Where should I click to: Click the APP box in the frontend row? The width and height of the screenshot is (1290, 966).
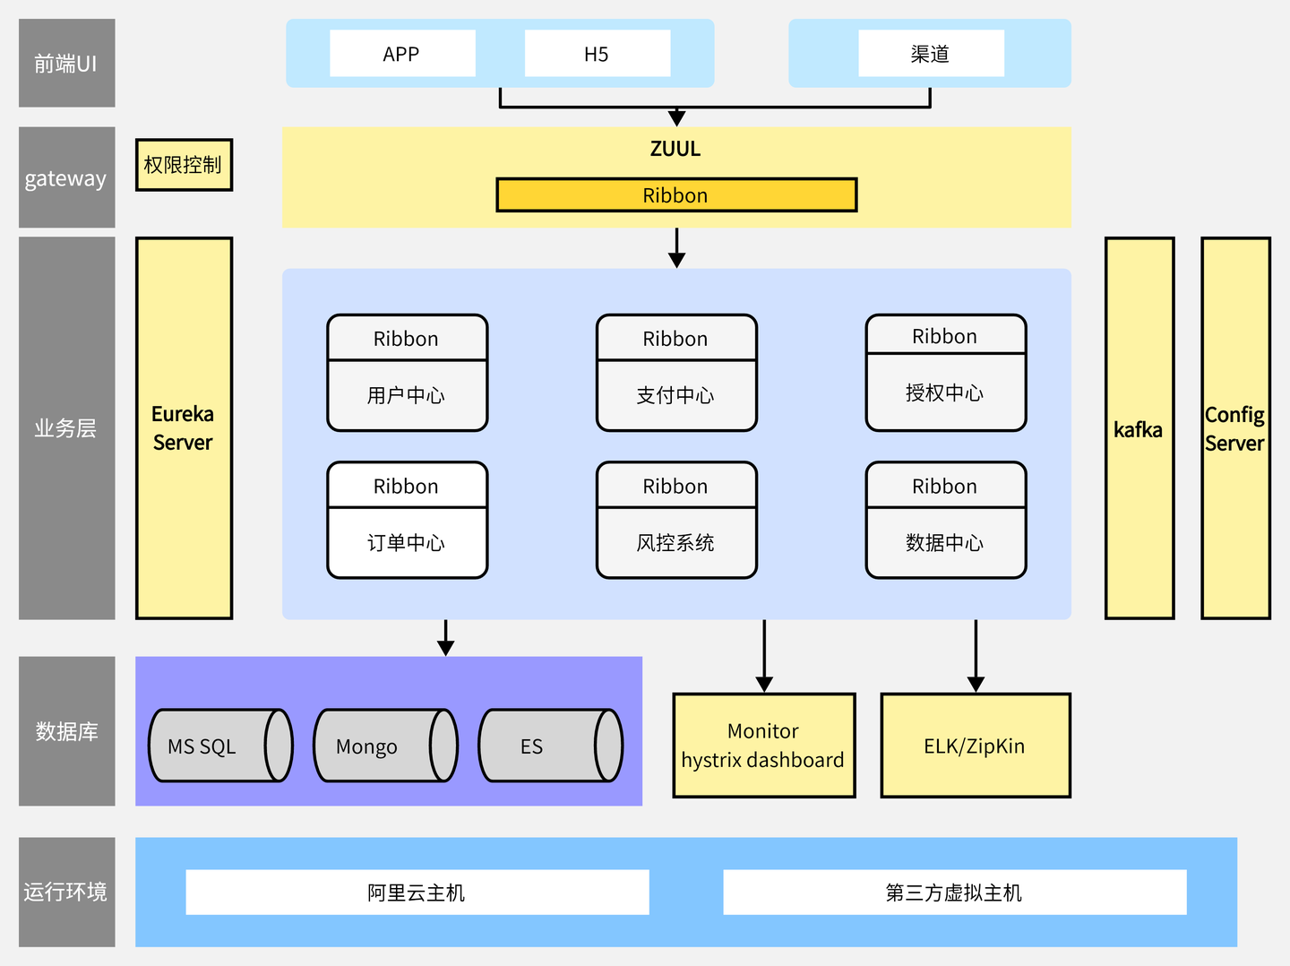pyautogui.click(x=402, y=54)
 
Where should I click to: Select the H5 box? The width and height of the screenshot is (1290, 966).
pyautogui.click(x=597, y=54)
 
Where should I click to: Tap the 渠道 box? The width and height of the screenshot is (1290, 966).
pyautogui.click(x=931, y=54)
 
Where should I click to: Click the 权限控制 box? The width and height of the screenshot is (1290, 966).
pyautogui.click(x=184, y=165)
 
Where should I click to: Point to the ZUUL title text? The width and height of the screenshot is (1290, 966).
pyautogui.click(x=675, y=149)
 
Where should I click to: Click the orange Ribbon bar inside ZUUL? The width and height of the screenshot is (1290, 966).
pyautogui.click(x=676, y=195)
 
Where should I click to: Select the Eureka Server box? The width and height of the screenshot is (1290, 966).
pyautogui.click(x=184, y=428)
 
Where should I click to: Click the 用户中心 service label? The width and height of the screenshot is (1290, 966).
pyautogui.click(x=407, y=395)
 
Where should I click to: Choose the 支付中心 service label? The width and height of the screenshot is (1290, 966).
pyautogui.click(x=676, y=395)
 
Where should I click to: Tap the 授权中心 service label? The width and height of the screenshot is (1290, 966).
pyautogui.click(x=945, y=392)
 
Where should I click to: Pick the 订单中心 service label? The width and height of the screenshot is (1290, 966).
pyautogui.click(x=407, y=543)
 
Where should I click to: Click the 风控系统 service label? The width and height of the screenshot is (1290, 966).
pyautogui.click(x=676, y=543)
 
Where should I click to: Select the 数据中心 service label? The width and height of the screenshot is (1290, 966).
pyautogui.click(x=945, y=543)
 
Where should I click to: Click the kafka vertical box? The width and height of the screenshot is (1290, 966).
pyautogui.click(x=1139, y=428)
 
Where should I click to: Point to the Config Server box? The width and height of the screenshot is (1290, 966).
pyautogui.click(x=1235, y=428)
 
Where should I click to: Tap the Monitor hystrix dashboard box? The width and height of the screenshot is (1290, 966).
pyautogui.click(x=763, y=746)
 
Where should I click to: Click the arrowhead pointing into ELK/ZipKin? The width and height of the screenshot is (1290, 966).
pyautogui.click(x=976, y=685)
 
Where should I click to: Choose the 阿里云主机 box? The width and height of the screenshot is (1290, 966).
pyautogui.click(x=417, y=893)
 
